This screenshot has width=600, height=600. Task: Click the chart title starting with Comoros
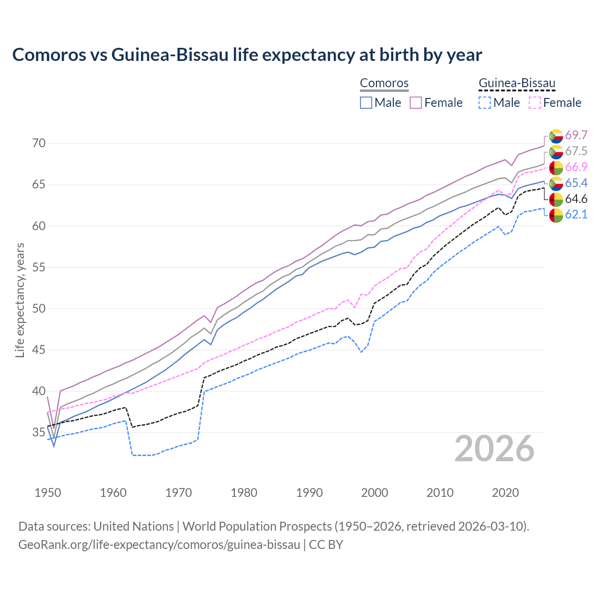tap(247, 55)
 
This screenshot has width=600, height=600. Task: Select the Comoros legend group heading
tap(384, 83)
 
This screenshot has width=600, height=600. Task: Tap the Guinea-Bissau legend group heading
tap(517, 83)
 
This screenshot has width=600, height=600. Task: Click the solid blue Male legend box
tap(366, 103)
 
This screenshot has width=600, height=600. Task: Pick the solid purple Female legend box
tap(416, 103)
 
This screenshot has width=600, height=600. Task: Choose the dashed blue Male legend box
tap(485, 103)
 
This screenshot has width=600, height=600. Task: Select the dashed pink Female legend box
tap(534, 103)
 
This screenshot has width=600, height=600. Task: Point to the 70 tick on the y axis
tap(39, 143)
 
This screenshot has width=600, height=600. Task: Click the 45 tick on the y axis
tap(39, 350)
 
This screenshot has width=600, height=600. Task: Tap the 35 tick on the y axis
tap(39, 432)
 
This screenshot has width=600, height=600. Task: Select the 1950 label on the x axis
tap(48, 493)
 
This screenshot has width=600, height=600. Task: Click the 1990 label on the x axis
tap(309, 493)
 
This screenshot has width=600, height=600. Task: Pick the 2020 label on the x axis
tap(505, 493)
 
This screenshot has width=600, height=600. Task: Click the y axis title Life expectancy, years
tap(20, 300)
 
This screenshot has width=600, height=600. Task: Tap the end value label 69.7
tap(576, 135)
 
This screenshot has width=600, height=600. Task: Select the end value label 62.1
tap(576, 215)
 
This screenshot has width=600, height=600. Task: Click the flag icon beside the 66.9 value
tap(556, 167)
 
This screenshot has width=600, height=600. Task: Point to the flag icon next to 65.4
tap(556, 183)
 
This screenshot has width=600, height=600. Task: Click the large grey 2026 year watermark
tap(495, 449)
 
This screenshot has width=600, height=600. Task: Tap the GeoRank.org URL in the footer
tap(159, 545)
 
